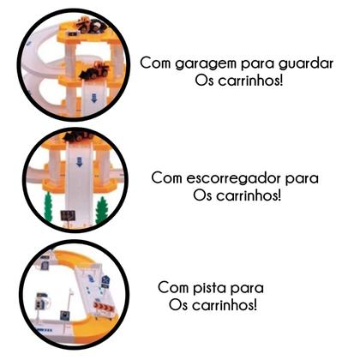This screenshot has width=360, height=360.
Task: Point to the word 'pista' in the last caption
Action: (x=232, y=288)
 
